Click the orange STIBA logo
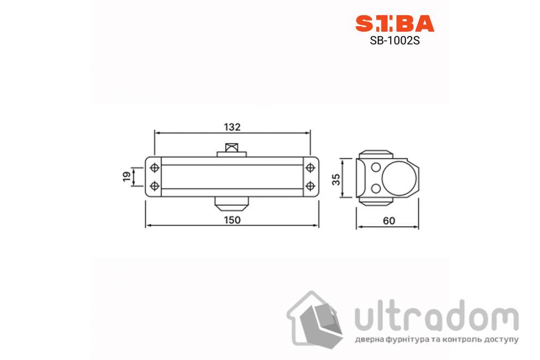395,23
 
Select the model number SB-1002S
395,41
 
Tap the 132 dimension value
232,127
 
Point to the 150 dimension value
232,220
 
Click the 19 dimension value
127,176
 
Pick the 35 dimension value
336,179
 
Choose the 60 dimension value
389,221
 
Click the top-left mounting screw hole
154,168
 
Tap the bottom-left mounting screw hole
154,186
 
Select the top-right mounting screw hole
310,168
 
